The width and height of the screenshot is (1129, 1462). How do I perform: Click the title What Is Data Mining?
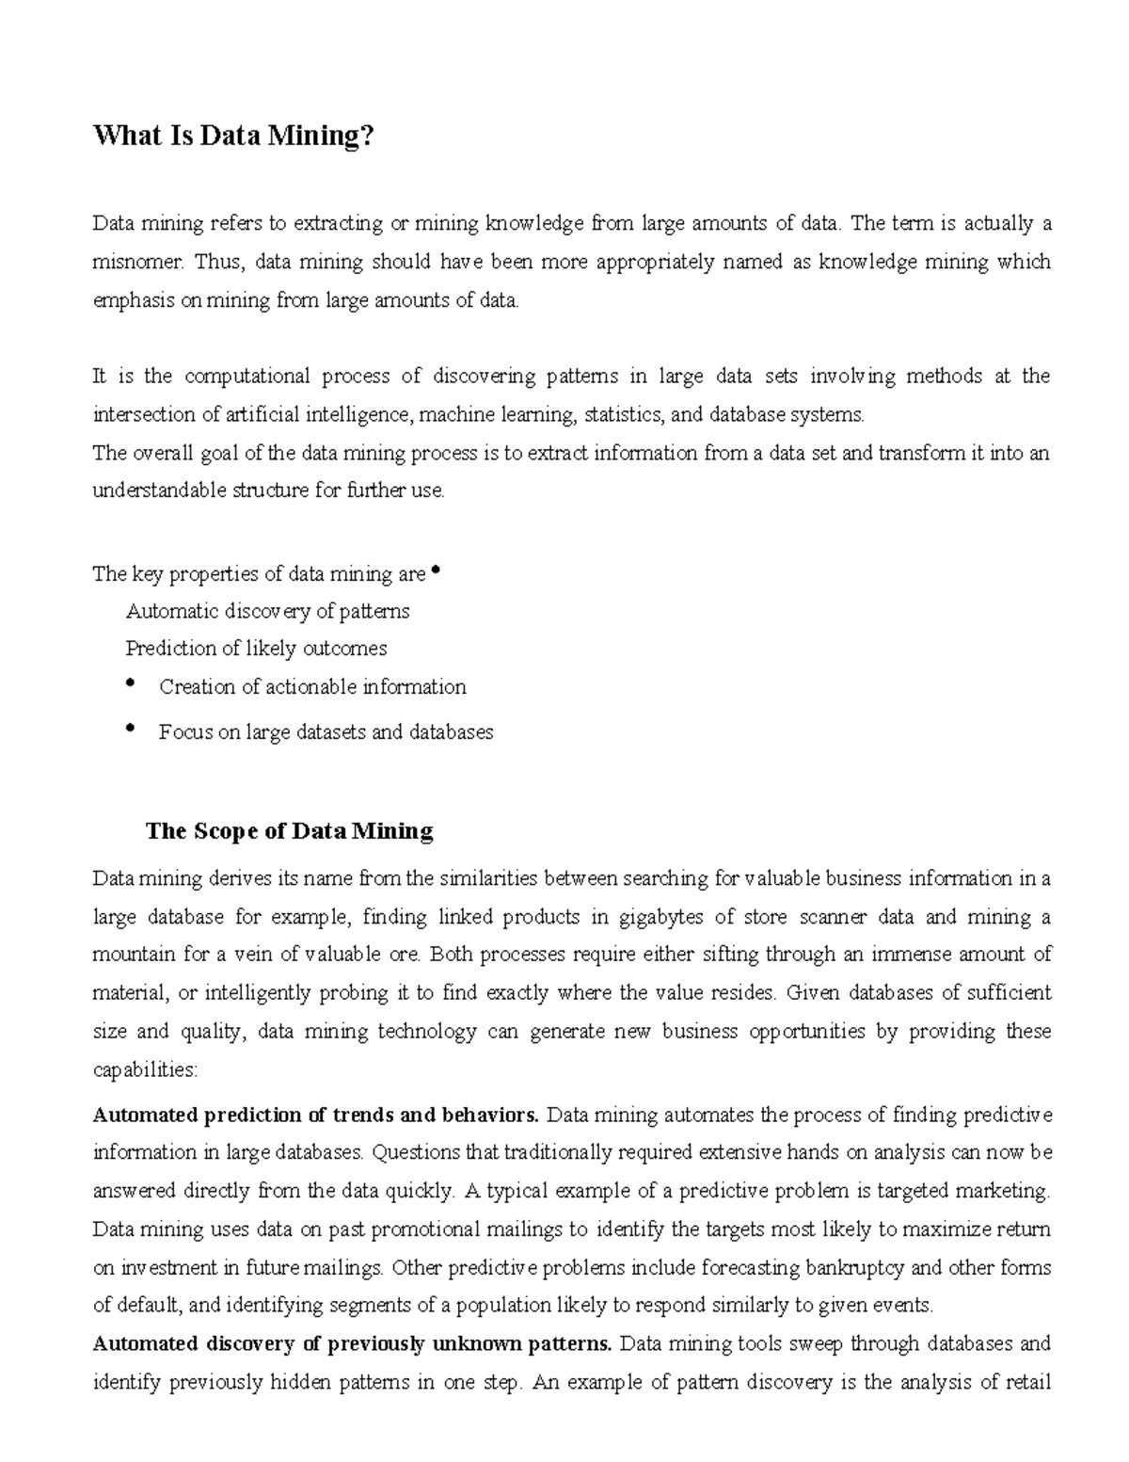point(233,137)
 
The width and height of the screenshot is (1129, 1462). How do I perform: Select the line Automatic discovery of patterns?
point(267,611)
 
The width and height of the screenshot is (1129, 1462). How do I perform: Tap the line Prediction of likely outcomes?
point(256,649)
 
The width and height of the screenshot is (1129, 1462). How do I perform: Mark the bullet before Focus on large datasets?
point(131,728)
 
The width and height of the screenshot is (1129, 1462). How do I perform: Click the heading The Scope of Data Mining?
point(289,831)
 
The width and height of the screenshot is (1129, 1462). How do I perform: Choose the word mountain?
point(133,955)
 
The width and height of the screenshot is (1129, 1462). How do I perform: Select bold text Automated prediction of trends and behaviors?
point(315,1116)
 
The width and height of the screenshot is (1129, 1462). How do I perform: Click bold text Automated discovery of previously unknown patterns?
point(352,1343)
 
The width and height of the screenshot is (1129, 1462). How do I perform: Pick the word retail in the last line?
point(1026,1382)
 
